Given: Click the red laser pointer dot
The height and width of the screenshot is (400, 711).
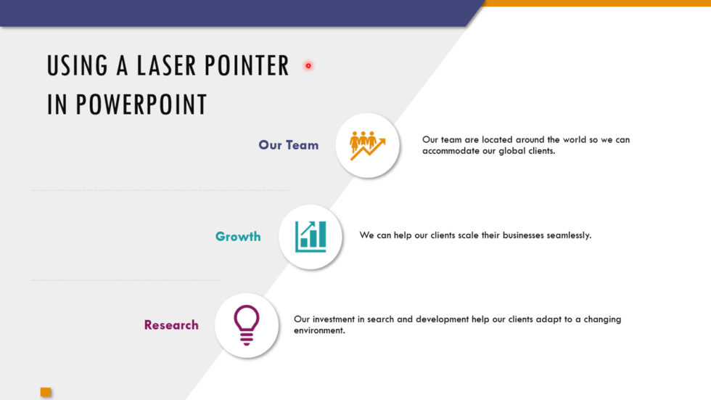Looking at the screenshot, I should coord(308,66).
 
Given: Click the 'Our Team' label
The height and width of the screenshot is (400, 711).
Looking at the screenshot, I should coord(288,145).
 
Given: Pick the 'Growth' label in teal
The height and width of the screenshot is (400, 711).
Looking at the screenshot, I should coord(238,237).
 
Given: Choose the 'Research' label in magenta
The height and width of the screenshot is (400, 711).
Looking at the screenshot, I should coord(171,325).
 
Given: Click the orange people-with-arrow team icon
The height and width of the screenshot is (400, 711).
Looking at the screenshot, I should coord(367,145).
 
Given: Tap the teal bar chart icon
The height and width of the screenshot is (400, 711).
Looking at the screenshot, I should coord(311,237).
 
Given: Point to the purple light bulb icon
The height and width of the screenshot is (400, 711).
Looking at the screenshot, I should coord(247,325).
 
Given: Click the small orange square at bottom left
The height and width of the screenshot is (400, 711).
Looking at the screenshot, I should coord(46,392).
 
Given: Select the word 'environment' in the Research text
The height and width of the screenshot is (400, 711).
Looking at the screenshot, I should coord(318,331).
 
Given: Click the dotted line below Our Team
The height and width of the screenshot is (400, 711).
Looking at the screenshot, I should coord(160,191).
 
